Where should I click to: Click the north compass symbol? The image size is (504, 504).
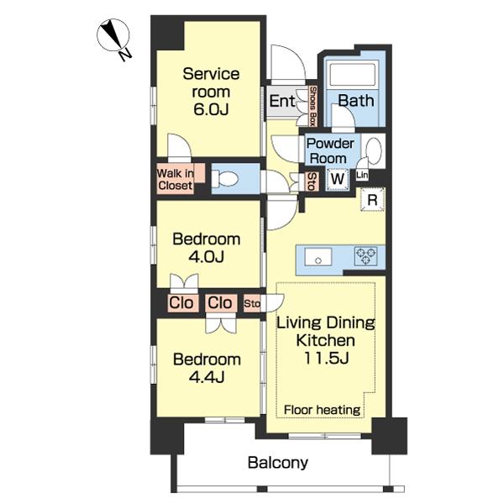pyautogui.click(x=114, y=39)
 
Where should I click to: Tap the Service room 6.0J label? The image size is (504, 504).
pyautogui.click(x=211, y=92)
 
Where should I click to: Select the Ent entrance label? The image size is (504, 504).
pyautogui.click(x=282, y=102)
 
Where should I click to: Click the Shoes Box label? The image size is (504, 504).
pyautogui.click(x=312, y=106)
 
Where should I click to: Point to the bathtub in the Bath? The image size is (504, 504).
pyautogui.click(x=353, y=75)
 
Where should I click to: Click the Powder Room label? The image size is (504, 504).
pyautogui.click(x=330, y=150)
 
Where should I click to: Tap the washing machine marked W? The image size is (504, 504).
pyautogui.click(x=337, y=179)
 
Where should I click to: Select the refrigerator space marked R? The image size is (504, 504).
pyautogui.click(x=372, y=200)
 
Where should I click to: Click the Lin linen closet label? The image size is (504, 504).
pyautogui.click(x=362, y=176)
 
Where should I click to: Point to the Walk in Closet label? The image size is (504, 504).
pyautogui.click(x=176, y=180)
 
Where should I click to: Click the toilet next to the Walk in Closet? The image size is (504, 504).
pyautogui.click(x=224, y=178)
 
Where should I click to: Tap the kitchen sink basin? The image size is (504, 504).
pyautogui.click(x=318, y=257)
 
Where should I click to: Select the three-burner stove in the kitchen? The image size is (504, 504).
pyautogui.click(x=365, y=256)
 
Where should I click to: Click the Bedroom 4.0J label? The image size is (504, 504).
pyautogui.click(x=207, y=248)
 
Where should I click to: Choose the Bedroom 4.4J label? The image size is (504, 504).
pyautogui.click(x=207, y=368)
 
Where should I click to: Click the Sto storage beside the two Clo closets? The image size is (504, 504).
pyautogui.click(x=252, y=303)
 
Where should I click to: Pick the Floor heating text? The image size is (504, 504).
pyautogui.click(x=322, y=410)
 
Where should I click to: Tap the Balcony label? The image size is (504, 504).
pyautogui.click(x=278, y=463)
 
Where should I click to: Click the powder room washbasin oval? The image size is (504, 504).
pyautogui.click(x=374, y=151)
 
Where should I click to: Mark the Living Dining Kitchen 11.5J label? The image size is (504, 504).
pyautogui.click(x=326, y=340)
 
